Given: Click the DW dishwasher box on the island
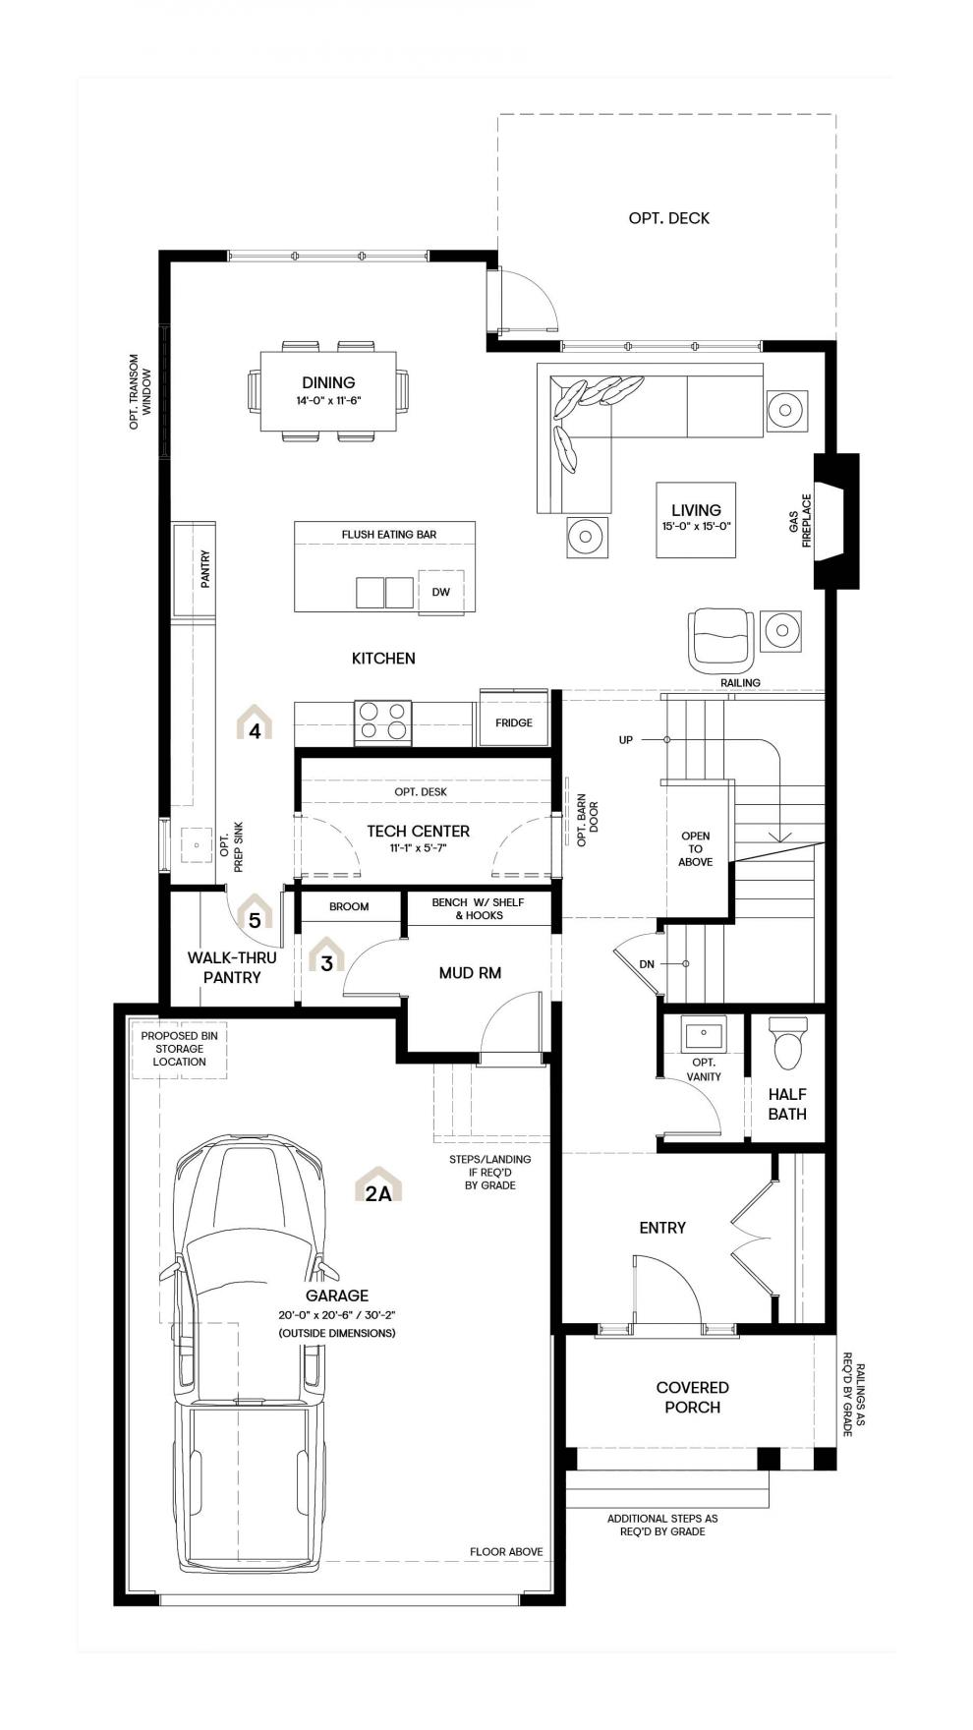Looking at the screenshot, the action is [440, 591].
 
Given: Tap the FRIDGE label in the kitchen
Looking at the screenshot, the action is [513, 722].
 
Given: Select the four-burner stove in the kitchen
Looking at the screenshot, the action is [382, 721].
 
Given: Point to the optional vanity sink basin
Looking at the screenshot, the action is [704, 1034].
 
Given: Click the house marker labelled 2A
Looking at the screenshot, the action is [378, 1184].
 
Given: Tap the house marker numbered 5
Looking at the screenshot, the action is [255, 912].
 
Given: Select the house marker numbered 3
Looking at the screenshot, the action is [327, 954].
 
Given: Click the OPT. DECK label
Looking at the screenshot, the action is [668, 218].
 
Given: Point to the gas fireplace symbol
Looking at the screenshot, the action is [835, 521].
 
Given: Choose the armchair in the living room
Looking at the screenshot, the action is [722, 640].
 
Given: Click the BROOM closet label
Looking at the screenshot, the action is [349, 906].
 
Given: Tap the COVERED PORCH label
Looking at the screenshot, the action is [692, 1397].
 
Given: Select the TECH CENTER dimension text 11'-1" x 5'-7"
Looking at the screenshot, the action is [419, 846].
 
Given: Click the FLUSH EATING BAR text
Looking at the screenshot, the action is [389, 535].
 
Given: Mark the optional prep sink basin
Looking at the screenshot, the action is [197, 844].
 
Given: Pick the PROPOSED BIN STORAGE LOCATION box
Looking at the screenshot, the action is [179, 1049].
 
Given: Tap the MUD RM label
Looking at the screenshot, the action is [470, 973].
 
